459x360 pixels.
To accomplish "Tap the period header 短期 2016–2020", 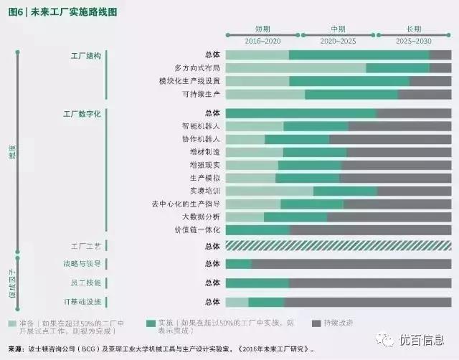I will click(x=262, y=37).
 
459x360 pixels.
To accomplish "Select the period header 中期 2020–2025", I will click(x=338, y=37).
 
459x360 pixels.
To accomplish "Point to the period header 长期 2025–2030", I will click(x=414, y=37).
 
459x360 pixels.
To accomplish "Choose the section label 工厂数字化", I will click(x=82, y=113).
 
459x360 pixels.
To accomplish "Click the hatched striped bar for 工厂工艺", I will click(x=338, y=246).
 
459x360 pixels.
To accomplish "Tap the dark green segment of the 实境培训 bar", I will click(x=345, y=191).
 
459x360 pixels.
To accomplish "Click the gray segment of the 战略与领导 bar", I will click(x=351, y=264).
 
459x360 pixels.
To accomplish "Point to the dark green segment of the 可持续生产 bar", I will click(x=351, y=94).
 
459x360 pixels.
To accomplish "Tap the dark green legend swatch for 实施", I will click(x=151, y=323).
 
